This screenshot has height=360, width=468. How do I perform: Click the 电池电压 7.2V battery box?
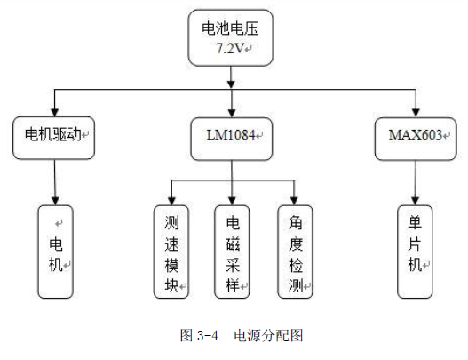click(230, 37)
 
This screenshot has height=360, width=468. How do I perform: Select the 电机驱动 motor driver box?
click(53, 138)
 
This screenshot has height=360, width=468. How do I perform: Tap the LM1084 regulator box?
click(232, 139)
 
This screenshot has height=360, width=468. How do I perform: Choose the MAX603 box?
click(416, 139)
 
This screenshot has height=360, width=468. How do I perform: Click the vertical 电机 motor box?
click(56, 252)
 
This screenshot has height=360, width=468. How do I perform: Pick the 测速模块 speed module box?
click(171, 252)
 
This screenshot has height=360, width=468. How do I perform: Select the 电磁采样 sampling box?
click(232, 252)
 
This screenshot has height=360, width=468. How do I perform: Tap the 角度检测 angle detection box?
click(295, 252)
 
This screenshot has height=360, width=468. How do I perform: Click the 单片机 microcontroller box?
click(415, 252)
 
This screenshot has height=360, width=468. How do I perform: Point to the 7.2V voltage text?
click(230, 48)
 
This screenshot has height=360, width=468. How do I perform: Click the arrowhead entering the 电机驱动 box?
click(54, 112)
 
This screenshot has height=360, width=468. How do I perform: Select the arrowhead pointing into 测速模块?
click(171, 201)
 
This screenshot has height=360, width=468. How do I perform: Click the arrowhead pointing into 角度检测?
click(294, 201)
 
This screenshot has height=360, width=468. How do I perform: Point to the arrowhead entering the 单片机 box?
click(416, 201)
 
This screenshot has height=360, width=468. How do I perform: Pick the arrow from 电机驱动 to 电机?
click(55, 182)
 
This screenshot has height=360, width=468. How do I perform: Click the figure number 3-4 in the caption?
click(208, 335)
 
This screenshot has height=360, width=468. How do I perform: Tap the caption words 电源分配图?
click(268, 335)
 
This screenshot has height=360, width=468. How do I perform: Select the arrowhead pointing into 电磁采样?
click(232, 201)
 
